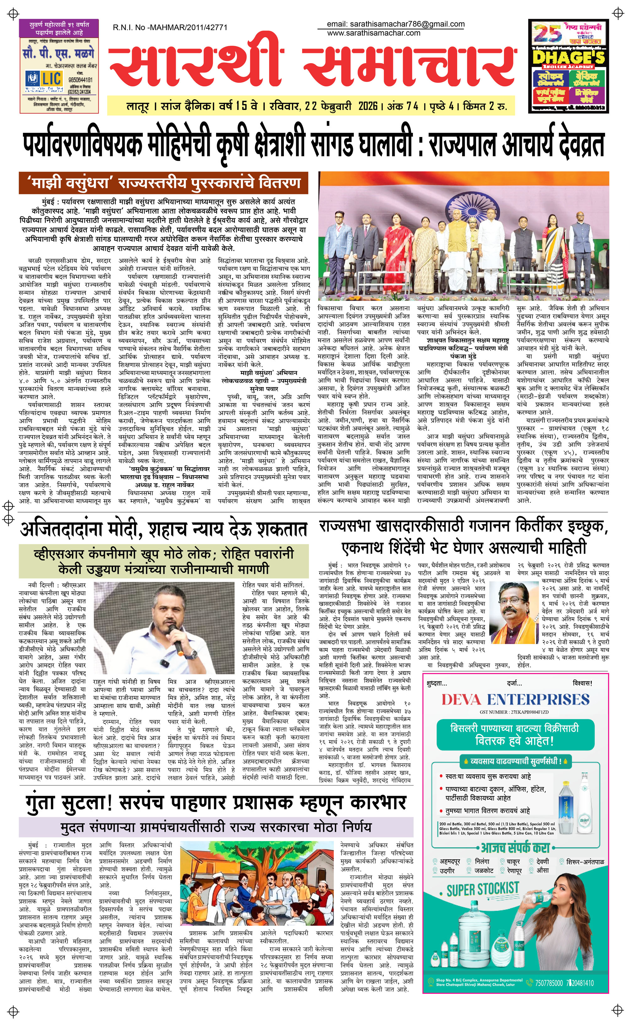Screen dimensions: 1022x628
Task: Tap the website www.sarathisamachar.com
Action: click(x=373, y=33)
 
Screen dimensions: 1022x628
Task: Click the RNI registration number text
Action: click(x=170, y=27)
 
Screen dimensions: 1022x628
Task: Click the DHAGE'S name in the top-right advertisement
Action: click(x=569, y=57)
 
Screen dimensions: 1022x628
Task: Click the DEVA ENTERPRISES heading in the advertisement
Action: click(x=515, y=700)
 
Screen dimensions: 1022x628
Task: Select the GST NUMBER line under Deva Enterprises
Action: click(x=514, y=712)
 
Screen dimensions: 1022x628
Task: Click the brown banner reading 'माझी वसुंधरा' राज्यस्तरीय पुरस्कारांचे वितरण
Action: click(x=163, y=183)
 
